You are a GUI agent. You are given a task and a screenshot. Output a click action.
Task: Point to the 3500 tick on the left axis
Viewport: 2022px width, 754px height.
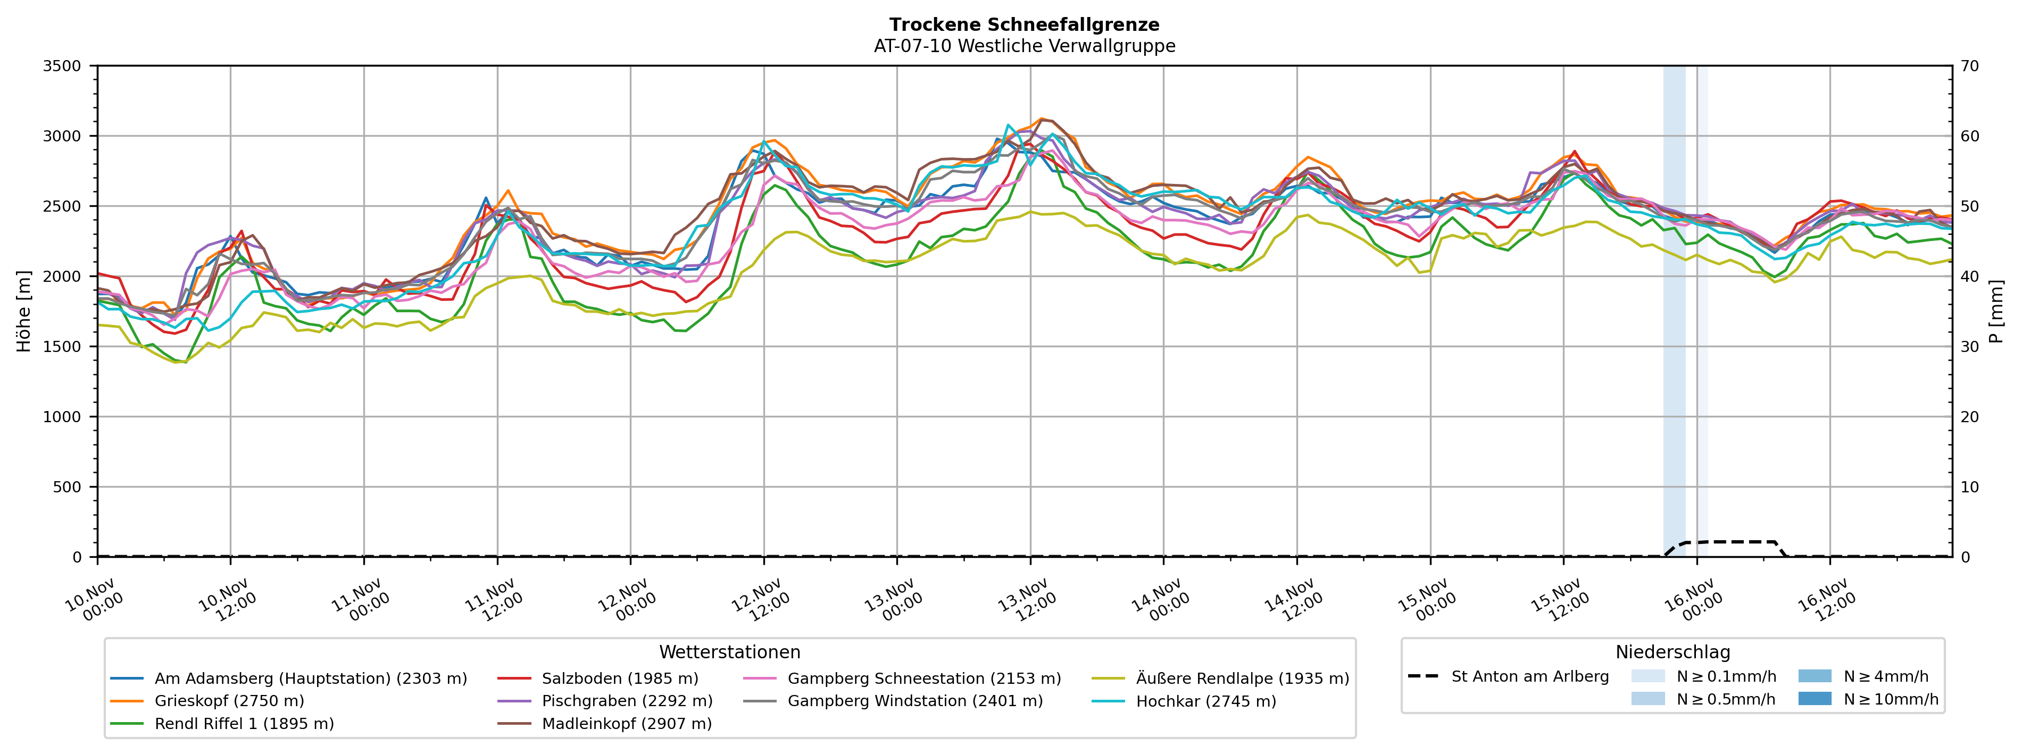click(62, 66)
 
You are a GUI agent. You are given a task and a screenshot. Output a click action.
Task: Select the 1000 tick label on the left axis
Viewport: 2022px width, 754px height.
click(62, 417)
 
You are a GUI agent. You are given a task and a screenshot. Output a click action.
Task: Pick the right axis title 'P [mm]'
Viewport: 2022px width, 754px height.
click(1996, 312)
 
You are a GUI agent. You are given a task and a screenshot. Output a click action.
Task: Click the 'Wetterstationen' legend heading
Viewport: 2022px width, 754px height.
click(729, 652)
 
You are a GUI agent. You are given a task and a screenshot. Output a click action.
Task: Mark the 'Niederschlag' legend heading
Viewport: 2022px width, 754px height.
click(1672, 652)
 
